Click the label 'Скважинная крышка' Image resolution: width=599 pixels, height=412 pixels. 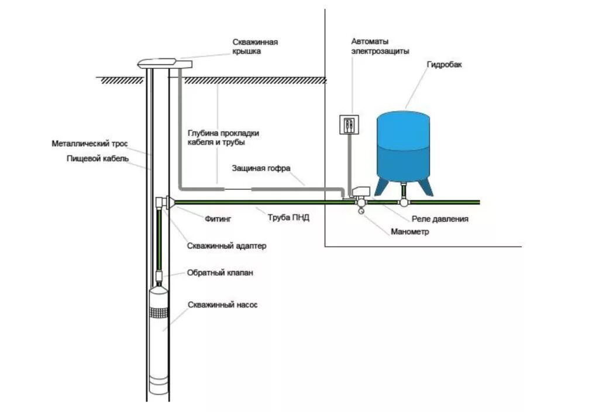(254, 47)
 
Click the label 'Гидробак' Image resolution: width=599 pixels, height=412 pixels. (444, 65)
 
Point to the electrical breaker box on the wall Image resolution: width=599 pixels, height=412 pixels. (349, 124)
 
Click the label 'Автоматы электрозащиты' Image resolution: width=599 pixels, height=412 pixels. (373, 46)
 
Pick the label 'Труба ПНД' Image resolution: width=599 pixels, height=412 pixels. (288, 217)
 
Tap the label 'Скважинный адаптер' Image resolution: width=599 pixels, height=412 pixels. (226, 246)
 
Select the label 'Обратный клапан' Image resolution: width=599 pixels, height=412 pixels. (220, 273)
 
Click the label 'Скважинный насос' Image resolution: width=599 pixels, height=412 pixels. (222, 305)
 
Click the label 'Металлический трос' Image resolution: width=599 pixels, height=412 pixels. (89, 143)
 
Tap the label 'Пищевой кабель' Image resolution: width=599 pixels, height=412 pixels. (98, 158)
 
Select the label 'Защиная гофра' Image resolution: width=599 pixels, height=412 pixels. (261, 168)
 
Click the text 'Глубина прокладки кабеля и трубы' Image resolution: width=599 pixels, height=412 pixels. (223, 137)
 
